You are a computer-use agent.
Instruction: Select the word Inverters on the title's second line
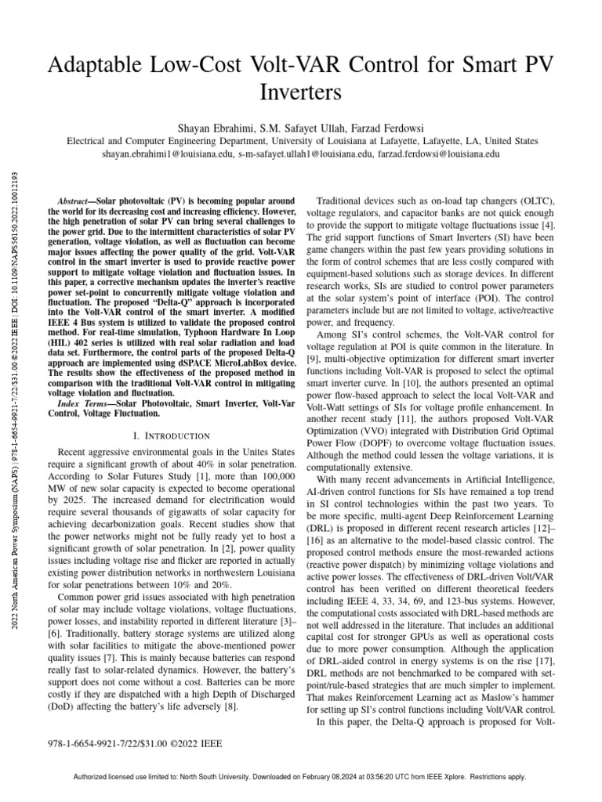[x=300, y=93]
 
